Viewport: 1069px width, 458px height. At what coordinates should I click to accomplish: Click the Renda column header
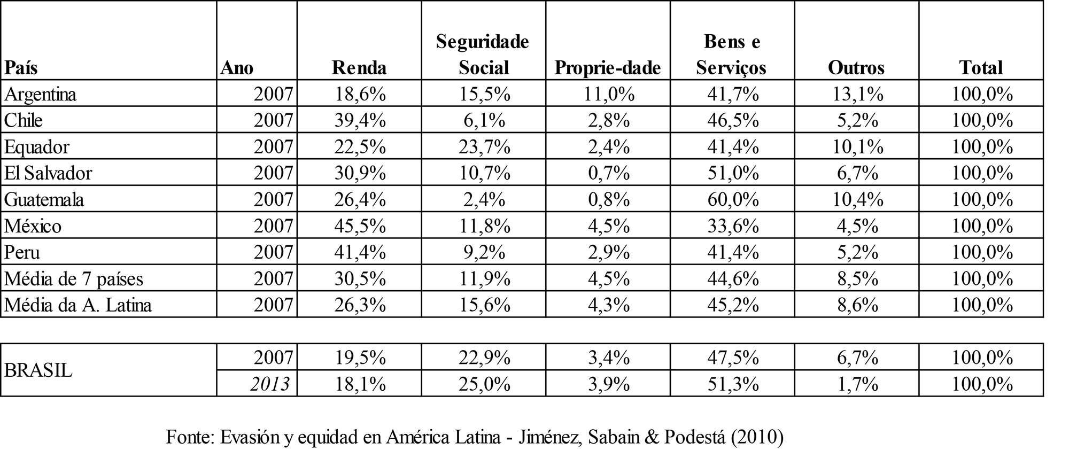[x=359, y=68]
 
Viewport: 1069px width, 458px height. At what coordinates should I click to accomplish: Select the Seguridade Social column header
[x=483, y=55]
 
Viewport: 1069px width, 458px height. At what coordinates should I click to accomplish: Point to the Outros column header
[x=856, y=68]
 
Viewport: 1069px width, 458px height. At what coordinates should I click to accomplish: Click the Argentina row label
[x=41, y=94]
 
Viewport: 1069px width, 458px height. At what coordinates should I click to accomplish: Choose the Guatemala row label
[x=44, y=199]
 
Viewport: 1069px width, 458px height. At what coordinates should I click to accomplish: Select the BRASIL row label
[x=38, y=370]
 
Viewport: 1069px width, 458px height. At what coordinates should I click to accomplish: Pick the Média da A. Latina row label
[x=78, y=305]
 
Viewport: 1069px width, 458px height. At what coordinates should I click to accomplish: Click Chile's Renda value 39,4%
[x=360, y=120]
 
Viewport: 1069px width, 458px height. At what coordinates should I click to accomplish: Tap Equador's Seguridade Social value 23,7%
[x=484, y=146]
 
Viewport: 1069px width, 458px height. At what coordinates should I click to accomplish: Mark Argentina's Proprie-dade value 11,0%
[x=608, y=94]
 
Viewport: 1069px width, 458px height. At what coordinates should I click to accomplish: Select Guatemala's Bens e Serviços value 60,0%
[x=733, y=199]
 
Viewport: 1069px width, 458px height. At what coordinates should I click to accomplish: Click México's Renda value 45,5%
[x=360, y=226]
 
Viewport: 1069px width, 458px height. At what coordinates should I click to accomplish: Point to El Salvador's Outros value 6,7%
[x=857, y=173]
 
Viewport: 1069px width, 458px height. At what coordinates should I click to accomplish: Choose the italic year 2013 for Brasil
[x=270, y=384]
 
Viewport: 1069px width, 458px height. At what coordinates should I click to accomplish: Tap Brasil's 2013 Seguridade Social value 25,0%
[x=484, y=384]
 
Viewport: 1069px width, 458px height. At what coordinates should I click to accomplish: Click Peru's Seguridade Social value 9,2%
[x=484, y=252]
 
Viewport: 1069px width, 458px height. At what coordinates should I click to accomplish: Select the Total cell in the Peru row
[x=982, y=252]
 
